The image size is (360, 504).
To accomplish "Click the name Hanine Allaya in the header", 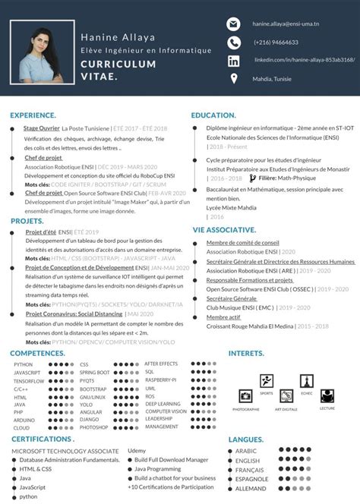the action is click(x=112, y=37).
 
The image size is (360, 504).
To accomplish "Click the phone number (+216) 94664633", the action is click(x=276, y=43).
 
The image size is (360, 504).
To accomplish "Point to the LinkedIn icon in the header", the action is click(x=233, y=60).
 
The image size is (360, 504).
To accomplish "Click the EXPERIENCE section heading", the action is click(x=33, y=115).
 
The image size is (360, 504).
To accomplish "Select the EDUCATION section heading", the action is click(x=213, y=115).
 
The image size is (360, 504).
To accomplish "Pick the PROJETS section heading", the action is click(x=27, y=220).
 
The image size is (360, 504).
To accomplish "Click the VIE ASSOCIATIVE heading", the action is click(x=224, y=229).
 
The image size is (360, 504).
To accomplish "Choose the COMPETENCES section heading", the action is click(x=37, y=353).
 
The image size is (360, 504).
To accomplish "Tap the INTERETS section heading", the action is click(x=246, y=353).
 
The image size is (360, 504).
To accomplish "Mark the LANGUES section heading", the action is click(x=245, y=439).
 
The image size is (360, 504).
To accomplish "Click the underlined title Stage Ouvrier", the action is click(x=42, y=129).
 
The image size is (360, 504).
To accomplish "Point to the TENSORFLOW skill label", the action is click(x=28, y=381).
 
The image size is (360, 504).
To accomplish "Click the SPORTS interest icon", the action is click(x=267, y=381).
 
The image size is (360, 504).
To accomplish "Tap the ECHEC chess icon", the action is click(x=306, y=381).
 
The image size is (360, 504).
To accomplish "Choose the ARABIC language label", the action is click(x=248, y=451).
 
